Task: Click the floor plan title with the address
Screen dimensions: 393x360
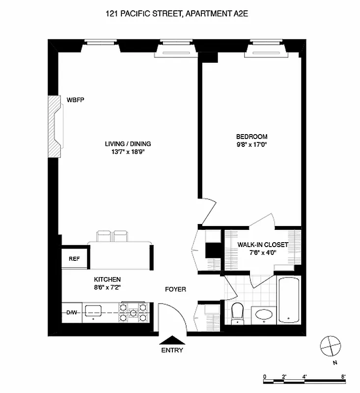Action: coord(180,15)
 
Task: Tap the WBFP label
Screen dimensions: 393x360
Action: coord(76,100)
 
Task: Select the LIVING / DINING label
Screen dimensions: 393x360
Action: coord(128,144)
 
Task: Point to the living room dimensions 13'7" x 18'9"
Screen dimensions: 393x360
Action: coord(128,152)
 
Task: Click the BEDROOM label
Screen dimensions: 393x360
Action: coord(251,137)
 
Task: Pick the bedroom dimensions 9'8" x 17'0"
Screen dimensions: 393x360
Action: coord(251,144)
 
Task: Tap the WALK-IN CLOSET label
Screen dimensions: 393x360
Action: coord(263,245)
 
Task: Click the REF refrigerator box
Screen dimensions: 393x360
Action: coord(74,259)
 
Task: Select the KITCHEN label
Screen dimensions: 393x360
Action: coord(108,279)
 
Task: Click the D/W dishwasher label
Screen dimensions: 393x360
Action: coord(72,312)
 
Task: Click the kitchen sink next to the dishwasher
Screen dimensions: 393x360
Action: coord(93,310)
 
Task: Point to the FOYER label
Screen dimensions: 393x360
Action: coord(175,289)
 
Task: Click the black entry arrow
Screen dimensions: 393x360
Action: coord(172,339)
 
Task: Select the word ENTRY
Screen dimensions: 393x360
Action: coord(172,350)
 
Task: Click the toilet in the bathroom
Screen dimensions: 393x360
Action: coord(237,313)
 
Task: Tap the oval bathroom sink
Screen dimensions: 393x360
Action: coord(264,314)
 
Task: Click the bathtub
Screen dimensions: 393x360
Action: coord(288,301)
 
